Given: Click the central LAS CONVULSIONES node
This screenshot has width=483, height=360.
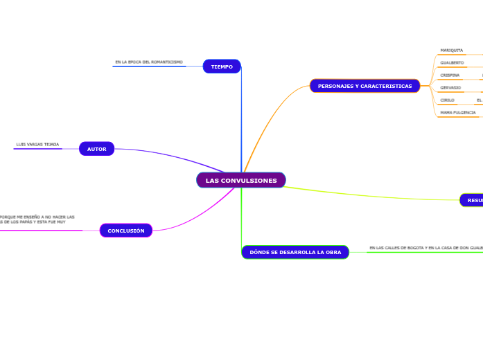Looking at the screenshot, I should tap(241, 181).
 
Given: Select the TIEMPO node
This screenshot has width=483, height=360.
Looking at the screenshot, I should tap(222, 66).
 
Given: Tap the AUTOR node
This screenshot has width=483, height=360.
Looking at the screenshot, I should tap(96, 149).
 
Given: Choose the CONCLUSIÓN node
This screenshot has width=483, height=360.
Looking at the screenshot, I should tap(126, 231).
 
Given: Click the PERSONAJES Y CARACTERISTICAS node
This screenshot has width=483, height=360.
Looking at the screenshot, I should tap(365, 86).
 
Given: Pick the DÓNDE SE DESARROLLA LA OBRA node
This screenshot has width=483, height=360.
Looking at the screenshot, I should tap(295, 252).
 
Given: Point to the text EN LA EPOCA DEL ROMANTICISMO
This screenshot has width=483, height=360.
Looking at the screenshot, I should tap(149, 62).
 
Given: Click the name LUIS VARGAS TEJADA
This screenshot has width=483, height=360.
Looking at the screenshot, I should tap(37, 145).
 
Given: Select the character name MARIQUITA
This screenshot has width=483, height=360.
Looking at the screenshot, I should tap(451, 51).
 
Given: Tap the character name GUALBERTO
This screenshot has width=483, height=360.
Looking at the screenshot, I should tap(452, 63).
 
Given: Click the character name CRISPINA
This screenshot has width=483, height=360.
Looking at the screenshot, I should tap(450, 75).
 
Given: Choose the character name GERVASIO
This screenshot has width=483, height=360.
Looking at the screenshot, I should tap(450, 88).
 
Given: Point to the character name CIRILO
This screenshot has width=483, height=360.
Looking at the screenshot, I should tap(447, 100).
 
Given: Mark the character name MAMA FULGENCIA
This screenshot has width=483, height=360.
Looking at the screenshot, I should tap(457, 112).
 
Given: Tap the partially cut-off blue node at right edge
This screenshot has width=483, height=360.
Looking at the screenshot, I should tap(472, 200).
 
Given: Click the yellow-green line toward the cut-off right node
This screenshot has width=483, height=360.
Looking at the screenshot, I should tap(374, 195).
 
